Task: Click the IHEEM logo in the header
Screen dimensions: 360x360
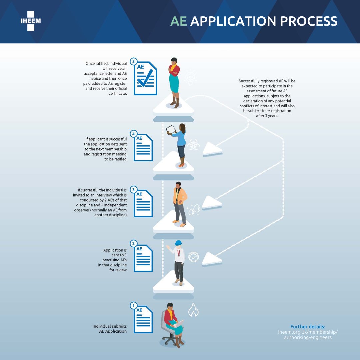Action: tap(30, 21)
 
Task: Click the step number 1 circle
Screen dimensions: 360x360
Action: tap(133, 305)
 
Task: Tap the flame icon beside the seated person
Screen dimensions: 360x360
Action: tap(193, 310)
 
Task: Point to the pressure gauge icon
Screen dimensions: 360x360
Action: tap(193, 257)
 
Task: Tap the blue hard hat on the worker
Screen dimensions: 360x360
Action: tap(178, 243)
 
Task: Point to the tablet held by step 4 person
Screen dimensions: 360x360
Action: tap(171, 129)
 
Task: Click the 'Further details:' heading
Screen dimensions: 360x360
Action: tap(308, 327)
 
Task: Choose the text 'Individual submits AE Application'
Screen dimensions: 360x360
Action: tap(110, 329)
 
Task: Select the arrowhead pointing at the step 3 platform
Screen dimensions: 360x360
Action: tap(211, 202)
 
